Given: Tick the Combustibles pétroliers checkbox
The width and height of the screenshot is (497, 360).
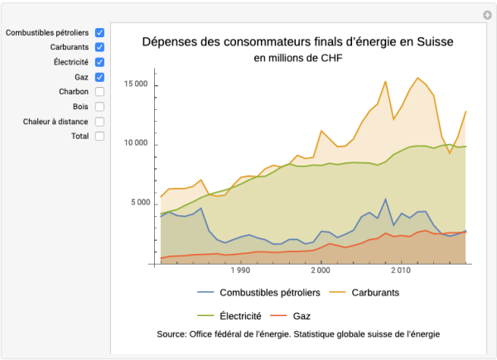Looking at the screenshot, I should pos(99,32).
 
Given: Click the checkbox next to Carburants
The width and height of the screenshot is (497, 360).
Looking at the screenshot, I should pos(99,47).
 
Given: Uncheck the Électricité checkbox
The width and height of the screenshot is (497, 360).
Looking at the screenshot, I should pos(99,62).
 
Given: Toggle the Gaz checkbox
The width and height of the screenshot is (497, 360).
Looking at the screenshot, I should pos(99,77).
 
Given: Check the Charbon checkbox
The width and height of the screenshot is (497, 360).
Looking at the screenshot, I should pos(99,92).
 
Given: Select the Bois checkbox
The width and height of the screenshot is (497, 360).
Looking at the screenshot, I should pos(99,107).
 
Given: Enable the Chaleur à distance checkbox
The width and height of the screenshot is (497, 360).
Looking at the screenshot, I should pos(99,122).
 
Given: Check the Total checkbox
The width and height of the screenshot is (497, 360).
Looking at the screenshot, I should pos(99,137).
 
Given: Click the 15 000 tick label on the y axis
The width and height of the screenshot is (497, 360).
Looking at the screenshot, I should pos(136,84).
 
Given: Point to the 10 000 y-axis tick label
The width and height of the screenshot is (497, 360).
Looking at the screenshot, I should pos(136,143).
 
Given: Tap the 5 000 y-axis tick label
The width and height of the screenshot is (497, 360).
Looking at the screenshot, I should pos(138,203).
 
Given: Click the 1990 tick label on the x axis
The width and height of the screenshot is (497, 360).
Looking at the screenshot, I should pos(240,271).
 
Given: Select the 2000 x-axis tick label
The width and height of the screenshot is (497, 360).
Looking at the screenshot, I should pos(321,271).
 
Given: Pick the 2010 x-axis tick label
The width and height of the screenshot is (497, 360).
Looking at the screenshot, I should pos(401,271).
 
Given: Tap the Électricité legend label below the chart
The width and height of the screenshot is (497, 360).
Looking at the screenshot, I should pos(240,315).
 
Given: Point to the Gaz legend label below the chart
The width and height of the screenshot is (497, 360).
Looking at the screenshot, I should pos(302,315).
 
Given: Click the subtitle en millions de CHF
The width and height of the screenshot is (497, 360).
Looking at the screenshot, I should pos(297,58).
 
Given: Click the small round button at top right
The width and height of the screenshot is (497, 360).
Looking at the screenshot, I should pos(487,15).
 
